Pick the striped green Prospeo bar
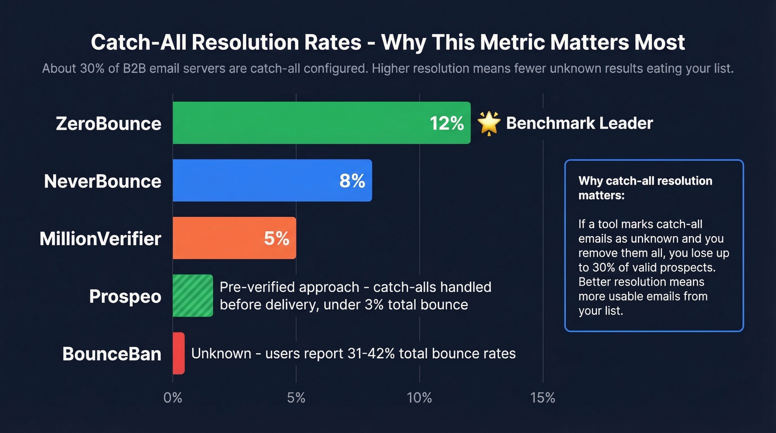[192, 296]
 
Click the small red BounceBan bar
[178, 353]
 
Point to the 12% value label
[447, 123]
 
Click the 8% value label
[352, 181]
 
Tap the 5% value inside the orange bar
[276, 238]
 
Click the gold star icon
[488, 123]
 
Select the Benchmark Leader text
[579, 123]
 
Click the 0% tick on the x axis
[173, 398]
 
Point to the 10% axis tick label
[419, 398]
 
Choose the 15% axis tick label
[543, 398]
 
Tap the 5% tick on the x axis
[297, 398]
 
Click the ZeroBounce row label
[109, 123]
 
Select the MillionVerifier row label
[100, 238]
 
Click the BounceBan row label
[111, 354]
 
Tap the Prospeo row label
[125, 296]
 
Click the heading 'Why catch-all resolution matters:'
[645, 188]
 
